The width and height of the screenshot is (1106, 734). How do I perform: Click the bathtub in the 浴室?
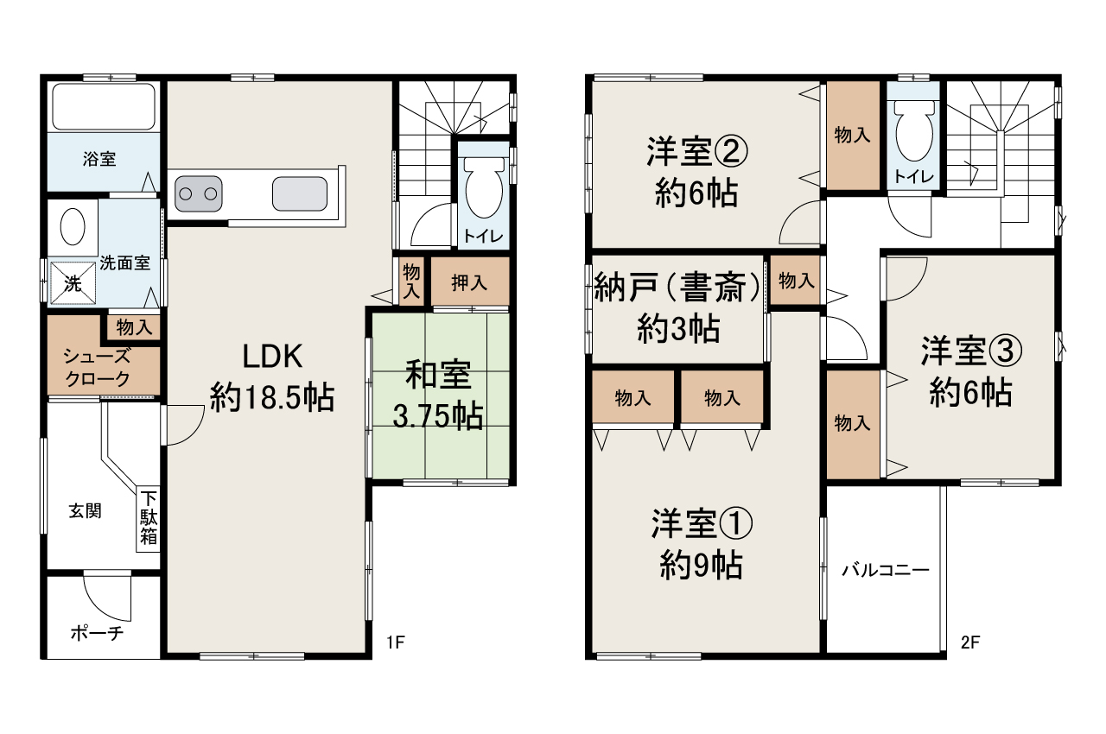(104, 106)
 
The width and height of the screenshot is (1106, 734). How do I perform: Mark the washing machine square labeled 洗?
(73, 282)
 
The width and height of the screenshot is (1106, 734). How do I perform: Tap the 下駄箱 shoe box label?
(149, 518)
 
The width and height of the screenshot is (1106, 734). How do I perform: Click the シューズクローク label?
(96, 367)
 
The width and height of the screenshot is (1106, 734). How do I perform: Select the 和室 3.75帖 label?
(439, 396)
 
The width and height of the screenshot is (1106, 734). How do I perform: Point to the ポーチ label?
(96, 633)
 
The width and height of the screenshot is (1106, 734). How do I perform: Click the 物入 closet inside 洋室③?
(852, 423)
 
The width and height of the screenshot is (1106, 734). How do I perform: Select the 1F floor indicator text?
(396, 642)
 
